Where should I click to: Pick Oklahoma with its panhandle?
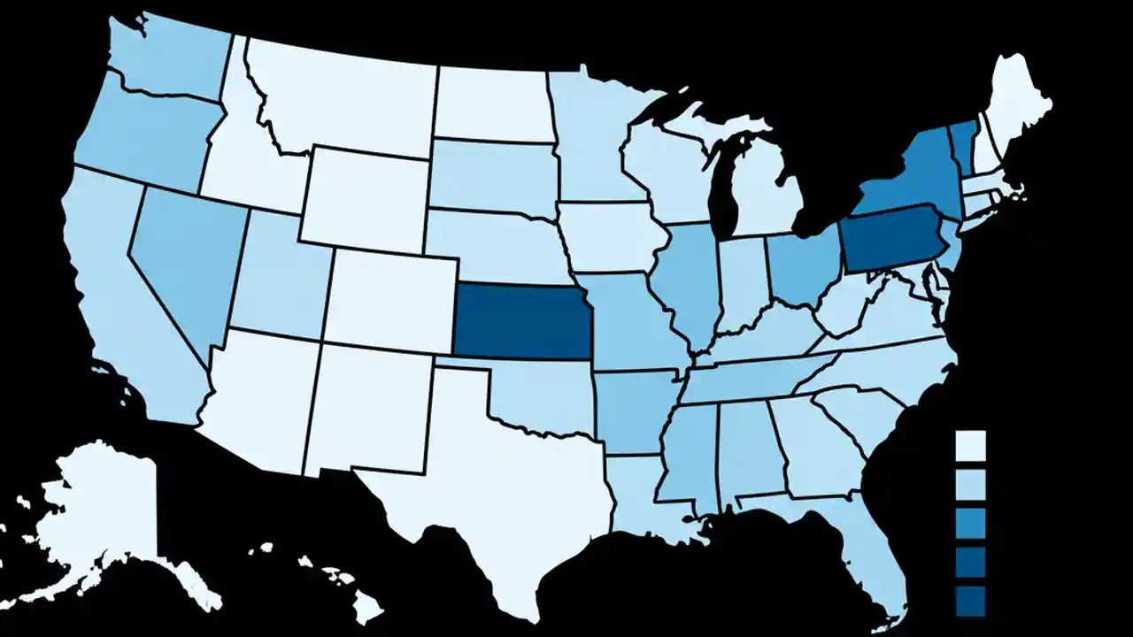pos(540,398)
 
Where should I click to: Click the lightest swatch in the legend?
pos(971,444)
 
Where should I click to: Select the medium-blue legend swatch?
pos(971,522)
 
